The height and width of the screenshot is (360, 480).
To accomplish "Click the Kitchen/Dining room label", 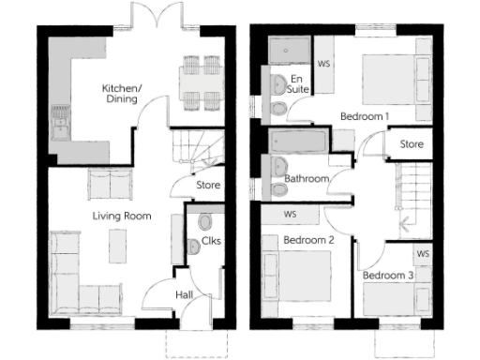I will click(122, 95).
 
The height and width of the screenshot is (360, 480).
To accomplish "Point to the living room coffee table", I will click(117, 247).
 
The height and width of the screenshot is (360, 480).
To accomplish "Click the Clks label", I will click(211, 242).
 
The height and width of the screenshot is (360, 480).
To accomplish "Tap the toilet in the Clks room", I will click(206, 223).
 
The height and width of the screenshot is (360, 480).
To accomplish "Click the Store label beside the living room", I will click(208, 185).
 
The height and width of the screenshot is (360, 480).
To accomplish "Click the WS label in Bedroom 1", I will click(324, 65).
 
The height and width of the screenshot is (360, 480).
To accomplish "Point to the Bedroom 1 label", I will click(364, 116).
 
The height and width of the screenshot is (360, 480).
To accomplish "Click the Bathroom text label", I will click(306, 177).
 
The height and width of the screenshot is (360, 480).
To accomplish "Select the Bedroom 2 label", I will click(309, 240).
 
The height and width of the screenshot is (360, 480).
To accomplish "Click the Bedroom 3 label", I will click(388, 276).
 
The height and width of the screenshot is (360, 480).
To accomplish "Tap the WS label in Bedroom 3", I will click(422, 253).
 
